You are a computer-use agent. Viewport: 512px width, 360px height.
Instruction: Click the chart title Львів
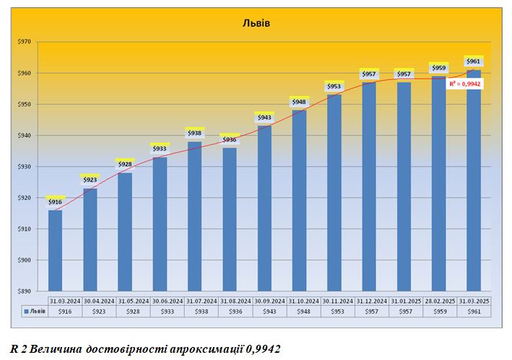click(x=256, y=23)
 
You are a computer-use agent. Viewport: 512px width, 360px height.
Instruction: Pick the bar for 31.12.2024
click(x=369, y=187)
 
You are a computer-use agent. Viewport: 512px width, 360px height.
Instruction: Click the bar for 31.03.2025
click(x=474, y=180)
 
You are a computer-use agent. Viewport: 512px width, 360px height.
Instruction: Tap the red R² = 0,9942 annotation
click(x=465, y=84)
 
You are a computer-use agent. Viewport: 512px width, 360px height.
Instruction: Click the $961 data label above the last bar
click(x=474, y=61)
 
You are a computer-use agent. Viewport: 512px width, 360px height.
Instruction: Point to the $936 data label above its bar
click(x=229, y=139)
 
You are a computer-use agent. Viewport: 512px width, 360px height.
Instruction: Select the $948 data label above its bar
click(x=299, y=102)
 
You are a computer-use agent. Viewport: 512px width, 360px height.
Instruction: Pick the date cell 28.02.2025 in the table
click(x=439, y=300)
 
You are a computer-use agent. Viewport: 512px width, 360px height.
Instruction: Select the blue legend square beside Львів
click(x=27, y=311)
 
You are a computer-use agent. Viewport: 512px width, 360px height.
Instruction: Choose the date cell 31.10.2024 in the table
click(x=303, y=300)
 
